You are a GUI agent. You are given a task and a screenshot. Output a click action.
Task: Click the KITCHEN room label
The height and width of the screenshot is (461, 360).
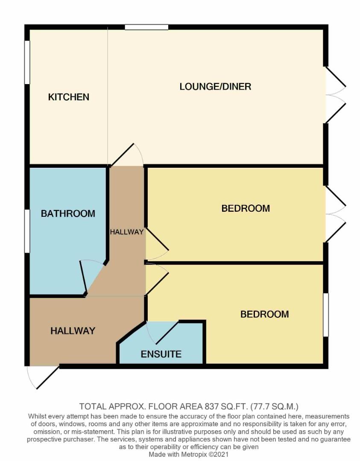pos(68,97)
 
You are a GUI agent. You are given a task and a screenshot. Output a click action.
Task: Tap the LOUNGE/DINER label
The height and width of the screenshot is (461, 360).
pos(215,87)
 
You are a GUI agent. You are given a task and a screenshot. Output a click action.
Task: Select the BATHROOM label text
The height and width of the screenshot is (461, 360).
pos(68,213)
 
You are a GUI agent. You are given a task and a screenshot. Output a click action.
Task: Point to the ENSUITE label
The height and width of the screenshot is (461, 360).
pos(161,354)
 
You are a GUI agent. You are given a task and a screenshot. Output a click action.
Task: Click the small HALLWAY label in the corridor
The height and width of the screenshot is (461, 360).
pos(126,232)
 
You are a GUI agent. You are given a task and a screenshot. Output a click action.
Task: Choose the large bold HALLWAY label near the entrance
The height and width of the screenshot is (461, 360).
pos(73,331)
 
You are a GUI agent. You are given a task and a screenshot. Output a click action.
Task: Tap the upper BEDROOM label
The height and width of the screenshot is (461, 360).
pos(246,208)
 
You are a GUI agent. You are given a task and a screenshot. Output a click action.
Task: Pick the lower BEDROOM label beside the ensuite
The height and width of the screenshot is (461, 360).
pos(264,314)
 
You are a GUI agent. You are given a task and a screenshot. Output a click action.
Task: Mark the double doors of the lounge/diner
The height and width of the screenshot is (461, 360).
pos(336,95)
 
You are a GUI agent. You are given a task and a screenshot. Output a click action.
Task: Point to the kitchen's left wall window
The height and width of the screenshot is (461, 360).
pos(27,62)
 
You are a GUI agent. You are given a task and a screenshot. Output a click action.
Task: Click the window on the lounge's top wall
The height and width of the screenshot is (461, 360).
pos(146,27)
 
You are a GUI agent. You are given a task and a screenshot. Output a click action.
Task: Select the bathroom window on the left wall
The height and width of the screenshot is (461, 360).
pos(27,231)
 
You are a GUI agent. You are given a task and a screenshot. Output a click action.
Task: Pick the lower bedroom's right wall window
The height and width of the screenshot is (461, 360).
pos(326,315)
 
